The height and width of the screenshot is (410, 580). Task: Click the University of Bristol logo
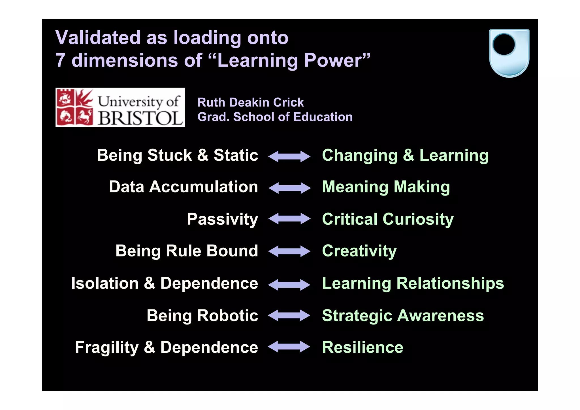[x=120, y=107]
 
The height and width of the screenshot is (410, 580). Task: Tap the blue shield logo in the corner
[x=509, y=53]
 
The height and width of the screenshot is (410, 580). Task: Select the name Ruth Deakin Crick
[x=250, y=102]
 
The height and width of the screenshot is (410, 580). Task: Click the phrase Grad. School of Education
[x=275, y=117]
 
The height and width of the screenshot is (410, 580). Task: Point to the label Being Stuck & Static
[x=177, y=155]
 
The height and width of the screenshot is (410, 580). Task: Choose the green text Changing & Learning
[x=405, y=156]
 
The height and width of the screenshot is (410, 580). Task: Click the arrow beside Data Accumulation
[x=289, y=188]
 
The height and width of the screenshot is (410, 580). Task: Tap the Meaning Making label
[x=386, y=187]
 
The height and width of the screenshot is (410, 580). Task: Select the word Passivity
[x=222, y=219]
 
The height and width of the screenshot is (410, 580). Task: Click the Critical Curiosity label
[x=388, y=219]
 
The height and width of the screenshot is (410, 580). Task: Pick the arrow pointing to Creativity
[x=289, y=251]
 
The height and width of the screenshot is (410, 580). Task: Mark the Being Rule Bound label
[x=187, y=251]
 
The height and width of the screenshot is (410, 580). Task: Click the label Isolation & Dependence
[x=165, y=283]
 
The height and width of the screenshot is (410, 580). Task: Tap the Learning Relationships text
[x=413, y=283]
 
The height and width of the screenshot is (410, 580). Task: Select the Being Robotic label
[x=202, y=316]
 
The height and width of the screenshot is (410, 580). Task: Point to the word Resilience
[x=362, y=347]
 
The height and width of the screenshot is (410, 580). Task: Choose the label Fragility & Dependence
[x=167, y=347]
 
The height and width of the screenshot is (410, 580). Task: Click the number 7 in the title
[x=60, y=60]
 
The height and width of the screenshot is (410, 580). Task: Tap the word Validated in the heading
[x=98, y=38]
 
